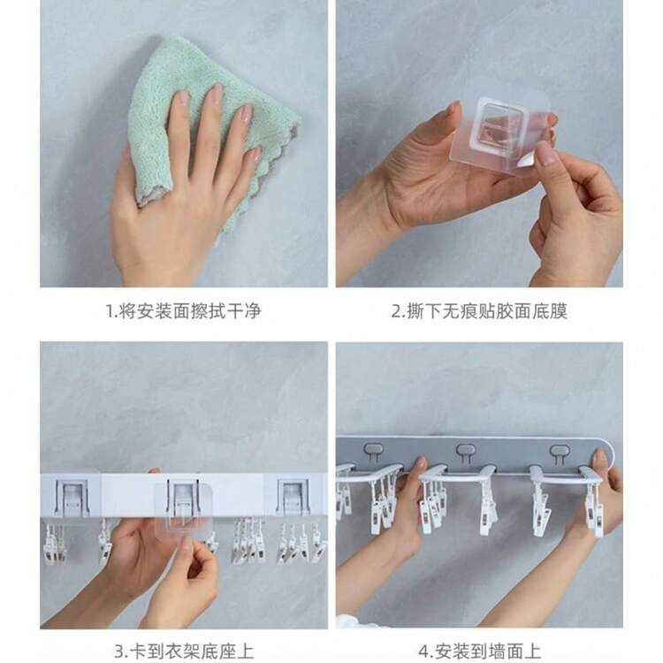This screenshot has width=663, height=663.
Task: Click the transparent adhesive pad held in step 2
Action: click(x=495, y=133)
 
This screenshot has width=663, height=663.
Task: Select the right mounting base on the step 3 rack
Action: click(x=293, y=495)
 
